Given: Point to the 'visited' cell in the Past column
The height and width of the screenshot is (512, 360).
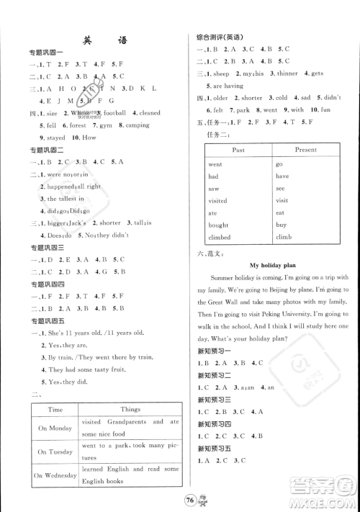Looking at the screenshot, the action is [x=217, y=201].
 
